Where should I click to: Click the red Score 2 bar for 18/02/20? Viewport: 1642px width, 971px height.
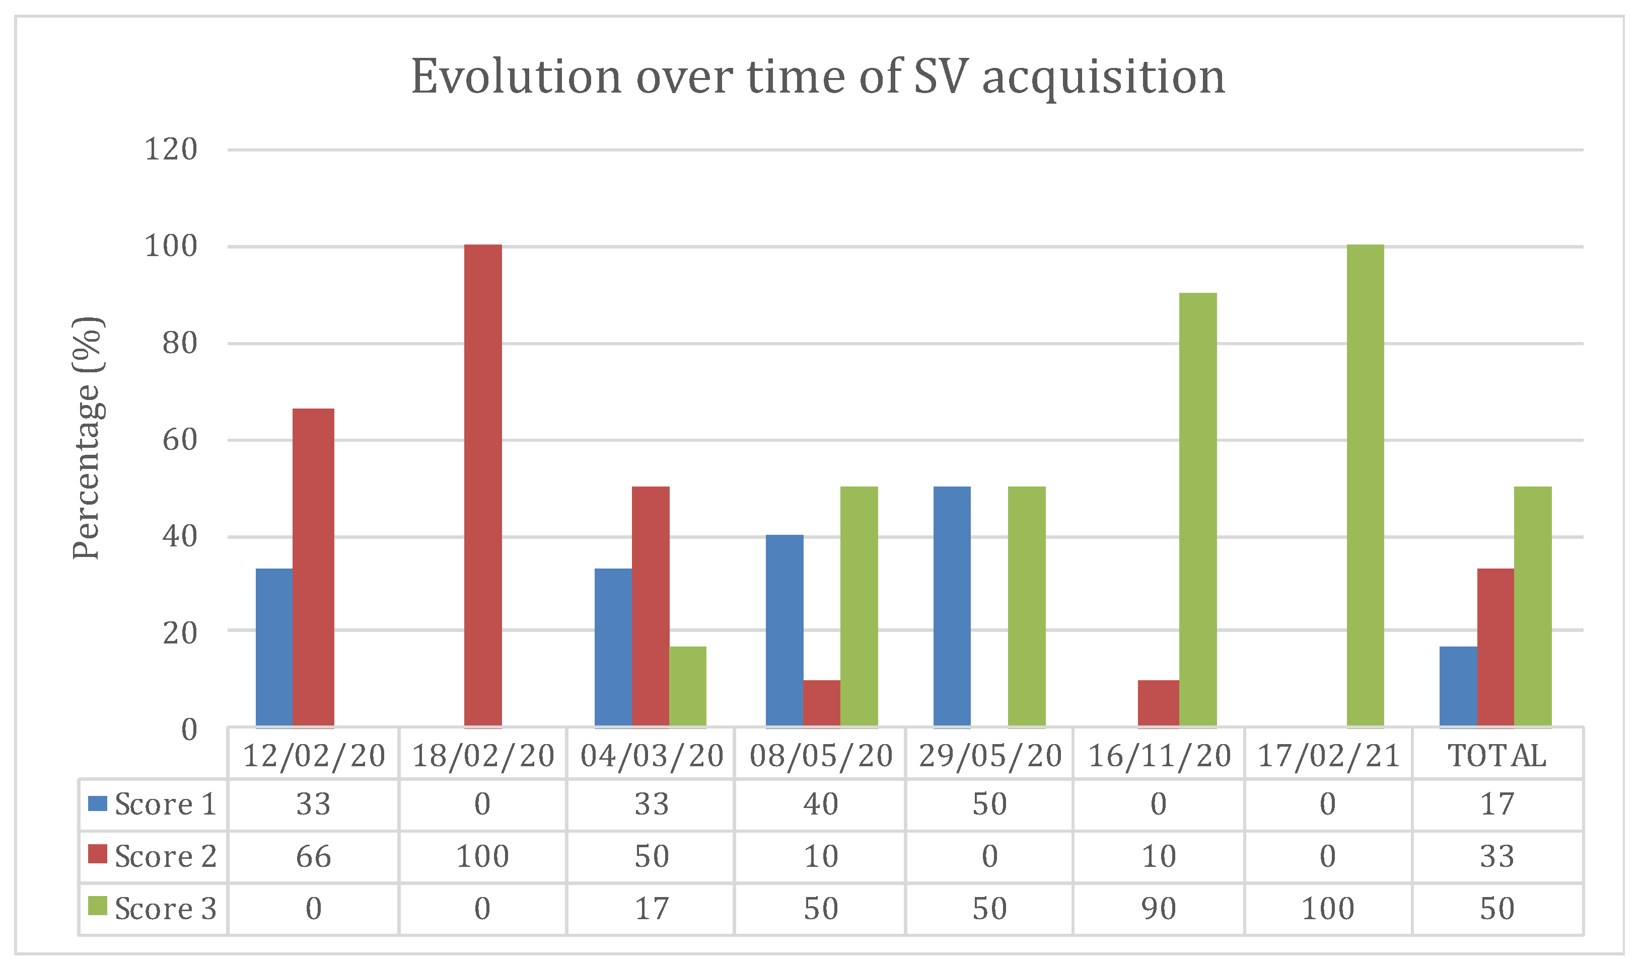point(483,486)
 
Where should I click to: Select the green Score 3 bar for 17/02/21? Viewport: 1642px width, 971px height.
point(1365,486)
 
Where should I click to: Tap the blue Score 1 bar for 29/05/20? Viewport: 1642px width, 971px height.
point(952,607)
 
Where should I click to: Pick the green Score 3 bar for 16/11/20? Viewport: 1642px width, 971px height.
point(1197,510)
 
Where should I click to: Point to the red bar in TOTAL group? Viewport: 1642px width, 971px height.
point(1495,648)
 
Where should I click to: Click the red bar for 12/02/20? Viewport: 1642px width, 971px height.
point(313,568)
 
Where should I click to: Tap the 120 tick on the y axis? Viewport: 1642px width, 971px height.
point(170,150)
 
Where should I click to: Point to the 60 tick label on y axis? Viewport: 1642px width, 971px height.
point(179,440)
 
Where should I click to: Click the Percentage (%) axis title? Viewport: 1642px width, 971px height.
point(87,438)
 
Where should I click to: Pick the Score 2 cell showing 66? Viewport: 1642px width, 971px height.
point(313,856)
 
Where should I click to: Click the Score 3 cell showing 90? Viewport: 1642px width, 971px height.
point(1158,909)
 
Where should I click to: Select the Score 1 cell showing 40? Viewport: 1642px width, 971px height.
point(820,804)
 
